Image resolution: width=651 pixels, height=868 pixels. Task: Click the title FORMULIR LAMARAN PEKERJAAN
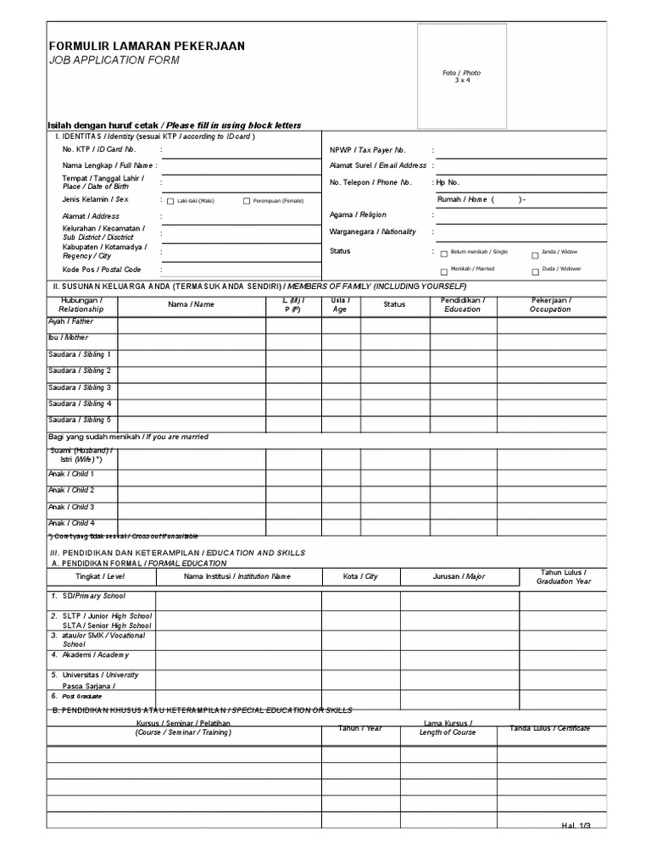[x=146, y=46]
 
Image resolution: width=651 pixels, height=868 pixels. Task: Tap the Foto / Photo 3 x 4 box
[x=461, y=75]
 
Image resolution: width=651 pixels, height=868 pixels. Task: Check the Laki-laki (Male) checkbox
[x=170, y=201]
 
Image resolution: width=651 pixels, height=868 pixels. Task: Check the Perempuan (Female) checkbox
[x=247, y=201]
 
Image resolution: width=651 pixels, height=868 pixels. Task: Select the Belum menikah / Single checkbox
[x=443, y=253]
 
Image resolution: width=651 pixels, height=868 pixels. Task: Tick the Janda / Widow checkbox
[x=535, y=254]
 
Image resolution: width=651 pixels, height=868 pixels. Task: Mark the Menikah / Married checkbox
[x=443, y=271]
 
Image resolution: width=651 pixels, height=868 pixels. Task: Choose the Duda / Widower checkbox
[x=535, y=272]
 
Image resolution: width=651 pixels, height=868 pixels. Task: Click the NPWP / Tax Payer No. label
[x=368, y=150]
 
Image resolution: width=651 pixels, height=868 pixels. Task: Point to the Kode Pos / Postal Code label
[x=96, y=269]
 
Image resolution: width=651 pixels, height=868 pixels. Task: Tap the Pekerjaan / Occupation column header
[x=551, y=304]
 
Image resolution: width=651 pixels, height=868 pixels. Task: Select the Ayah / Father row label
[x=71, y=321]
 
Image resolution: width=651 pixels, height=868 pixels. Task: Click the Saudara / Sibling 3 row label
[x=80, y=387]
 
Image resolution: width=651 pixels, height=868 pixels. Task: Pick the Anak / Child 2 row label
[x=71, y=490]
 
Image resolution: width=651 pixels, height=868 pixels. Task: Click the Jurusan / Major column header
[x=459, y=576]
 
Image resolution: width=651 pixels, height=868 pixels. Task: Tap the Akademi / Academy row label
[x=95, y=654]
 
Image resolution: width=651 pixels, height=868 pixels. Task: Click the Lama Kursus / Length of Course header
[x=448, y=727]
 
